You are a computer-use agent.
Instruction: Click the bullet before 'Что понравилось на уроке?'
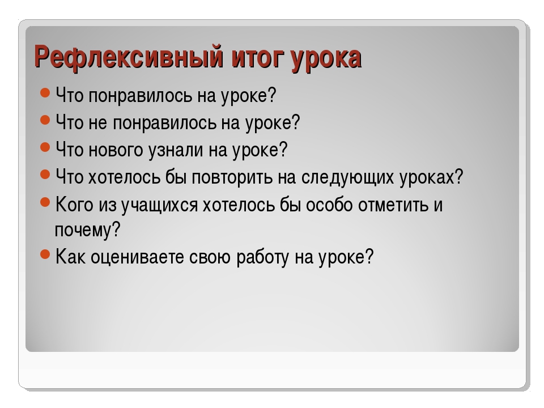pos(45,93)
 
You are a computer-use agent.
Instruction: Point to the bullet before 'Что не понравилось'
pos(45,120)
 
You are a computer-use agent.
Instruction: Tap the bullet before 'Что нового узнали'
pos(45,147)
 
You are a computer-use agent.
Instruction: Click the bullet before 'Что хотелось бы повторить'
pos(45,174)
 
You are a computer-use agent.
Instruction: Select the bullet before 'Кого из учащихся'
pos(45,202)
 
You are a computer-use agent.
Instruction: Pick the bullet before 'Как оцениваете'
pos(45,254)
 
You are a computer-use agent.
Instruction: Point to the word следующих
pos(347,177)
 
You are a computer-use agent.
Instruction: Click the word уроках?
pos(431,177)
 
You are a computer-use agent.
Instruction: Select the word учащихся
pos(159,205)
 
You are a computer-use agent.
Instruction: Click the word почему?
pos(87,230)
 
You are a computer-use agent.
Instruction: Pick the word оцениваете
pos(137,257)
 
